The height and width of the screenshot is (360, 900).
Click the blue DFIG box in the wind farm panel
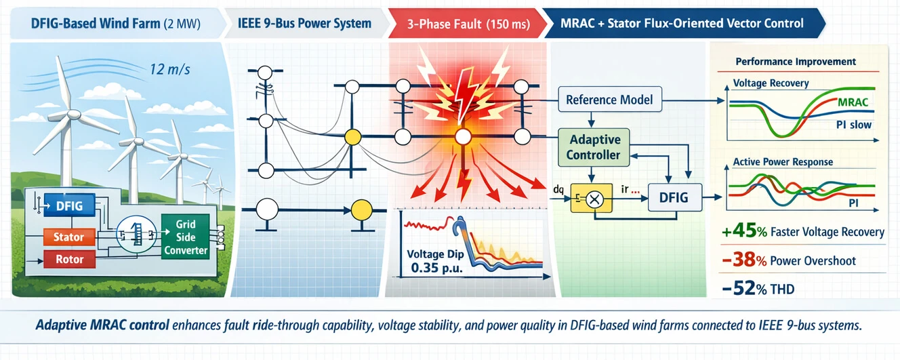(x=69, y=205)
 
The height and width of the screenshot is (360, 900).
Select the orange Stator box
(x=68, y=237)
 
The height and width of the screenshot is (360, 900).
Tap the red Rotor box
(x=68, y=260)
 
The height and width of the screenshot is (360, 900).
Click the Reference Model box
(x=609, y=100)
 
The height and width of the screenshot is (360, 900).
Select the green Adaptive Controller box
(x=594, y=147)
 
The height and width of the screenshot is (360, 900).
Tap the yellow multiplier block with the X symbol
(x=594, y=199)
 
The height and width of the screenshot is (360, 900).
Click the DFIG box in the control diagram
(x=673, y=198)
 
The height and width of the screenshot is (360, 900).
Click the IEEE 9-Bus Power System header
(x=304, y=24)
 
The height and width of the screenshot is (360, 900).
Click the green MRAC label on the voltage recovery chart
(x=853, y=102)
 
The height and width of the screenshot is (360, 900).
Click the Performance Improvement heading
(x=795, y=62)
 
